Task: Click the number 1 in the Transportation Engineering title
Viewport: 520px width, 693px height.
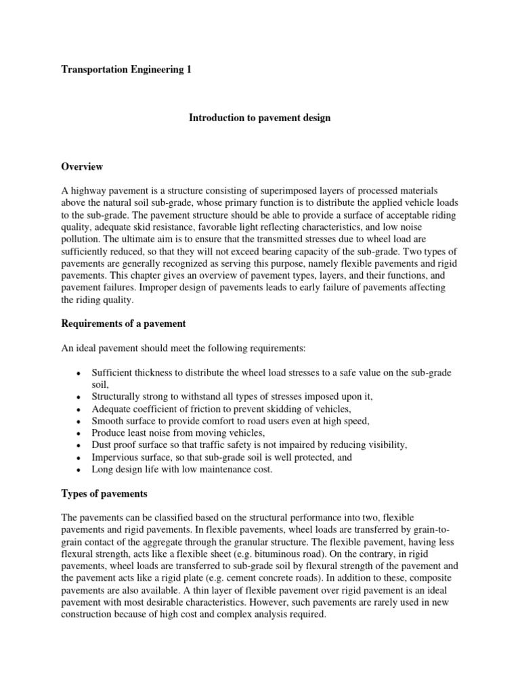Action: click(189, 70)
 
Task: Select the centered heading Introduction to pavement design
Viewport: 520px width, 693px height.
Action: click(259, 118)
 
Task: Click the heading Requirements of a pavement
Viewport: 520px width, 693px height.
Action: click(123, 323)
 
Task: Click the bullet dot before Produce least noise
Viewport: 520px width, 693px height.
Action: click(80, 433)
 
